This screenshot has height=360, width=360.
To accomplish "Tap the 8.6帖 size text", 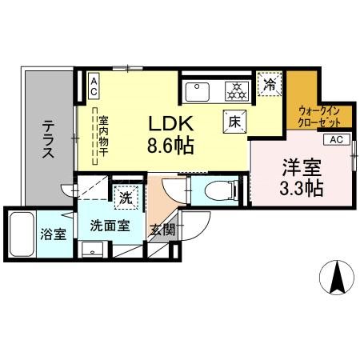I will (x=170, y=147).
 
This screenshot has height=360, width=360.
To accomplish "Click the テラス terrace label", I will (x=48, y=138).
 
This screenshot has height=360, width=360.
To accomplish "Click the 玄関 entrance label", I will (x=162, y=230).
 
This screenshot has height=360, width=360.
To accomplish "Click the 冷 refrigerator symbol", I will (x=270, y=83).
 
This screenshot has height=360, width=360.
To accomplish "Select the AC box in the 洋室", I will (x=336, y=139).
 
